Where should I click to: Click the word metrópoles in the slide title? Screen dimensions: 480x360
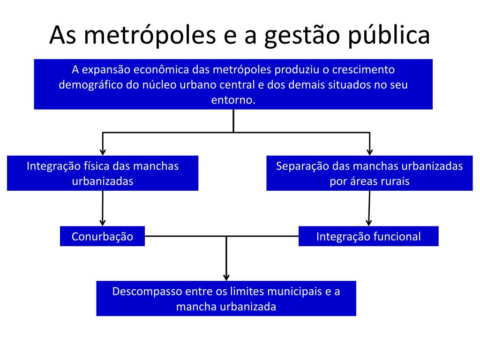pos(141,36)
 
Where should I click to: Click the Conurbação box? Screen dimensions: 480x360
pos(102,236)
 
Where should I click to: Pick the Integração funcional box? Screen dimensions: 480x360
pos(368,236)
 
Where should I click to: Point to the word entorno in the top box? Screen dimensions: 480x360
pos(233,100)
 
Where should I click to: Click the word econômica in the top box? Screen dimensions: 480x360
pos(161,70)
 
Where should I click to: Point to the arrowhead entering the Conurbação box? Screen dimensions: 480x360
pos(102,222)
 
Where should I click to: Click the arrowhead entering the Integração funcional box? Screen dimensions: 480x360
pos(368,222)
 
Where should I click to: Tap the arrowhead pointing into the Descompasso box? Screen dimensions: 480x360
pos(226,277)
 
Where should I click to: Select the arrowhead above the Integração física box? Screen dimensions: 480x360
pos(103,151)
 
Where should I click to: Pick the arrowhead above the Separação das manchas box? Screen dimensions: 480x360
pos(369,151)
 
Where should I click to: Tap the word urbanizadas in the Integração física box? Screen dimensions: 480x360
pos(103,181)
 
